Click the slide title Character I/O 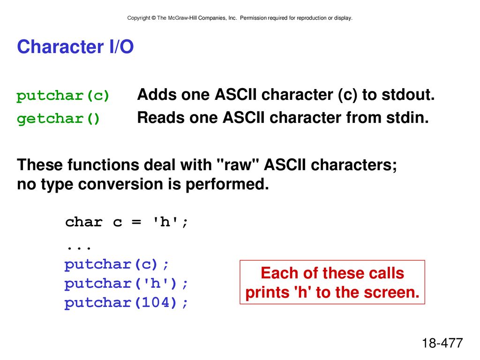(x=75, y=47)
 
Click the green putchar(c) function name (x=63, y=96)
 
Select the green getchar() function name (x=58, y=119)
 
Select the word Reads (x=161, y=118)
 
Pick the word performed (x=227, y=184)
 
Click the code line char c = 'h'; (x=127, y=222)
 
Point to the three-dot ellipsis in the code (x=79, y=247)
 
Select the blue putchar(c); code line (x=117, y=264)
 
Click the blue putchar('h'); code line (x=126, y=284)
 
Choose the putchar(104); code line (x=126, y=303)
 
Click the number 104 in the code (x=156, y=302)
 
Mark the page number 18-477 (x=442, y=343)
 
